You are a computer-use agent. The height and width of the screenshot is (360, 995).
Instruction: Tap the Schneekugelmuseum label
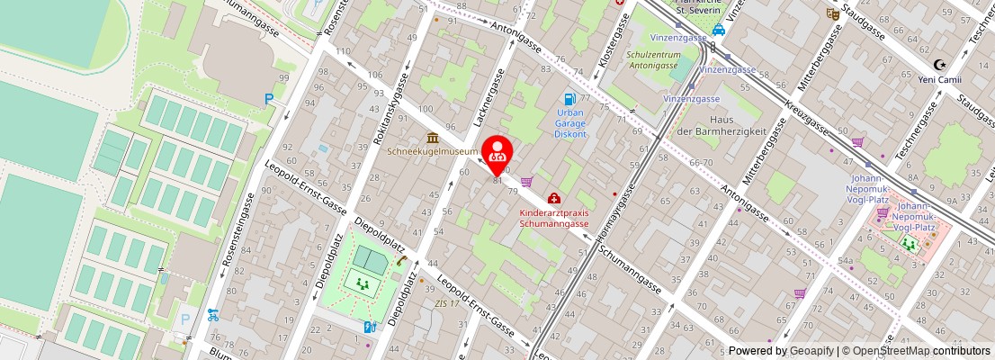point(433,151)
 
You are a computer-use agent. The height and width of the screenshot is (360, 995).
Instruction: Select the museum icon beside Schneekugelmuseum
point(433,138)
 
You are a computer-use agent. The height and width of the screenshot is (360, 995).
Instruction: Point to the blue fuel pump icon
point(569,99)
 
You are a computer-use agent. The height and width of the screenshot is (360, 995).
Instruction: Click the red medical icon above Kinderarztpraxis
point(553,198)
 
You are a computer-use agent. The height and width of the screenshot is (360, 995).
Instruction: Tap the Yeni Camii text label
point(940,77)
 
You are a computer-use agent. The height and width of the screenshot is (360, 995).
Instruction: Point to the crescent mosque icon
point(940,64)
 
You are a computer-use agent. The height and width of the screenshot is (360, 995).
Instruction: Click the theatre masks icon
point(832,13)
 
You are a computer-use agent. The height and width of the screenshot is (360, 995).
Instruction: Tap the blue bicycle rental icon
point(212,315)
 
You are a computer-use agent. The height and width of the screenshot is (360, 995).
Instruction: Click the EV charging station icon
point(369,328)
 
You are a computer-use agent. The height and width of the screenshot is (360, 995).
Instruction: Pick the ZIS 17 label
point(447,303)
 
